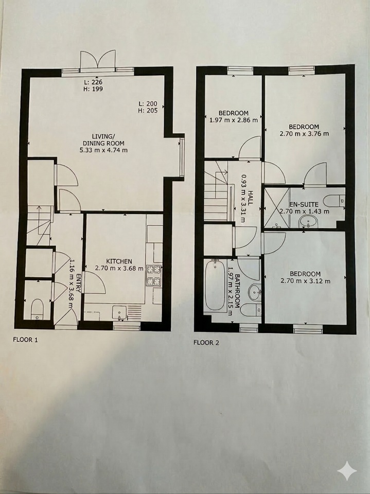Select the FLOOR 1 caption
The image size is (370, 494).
25,340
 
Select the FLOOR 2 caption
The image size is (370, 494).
206,342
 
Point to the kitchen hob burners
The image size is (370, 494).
154,274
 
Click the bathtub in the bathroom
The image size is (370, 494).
215,286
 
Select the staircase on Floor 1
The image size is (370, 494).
40,225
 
